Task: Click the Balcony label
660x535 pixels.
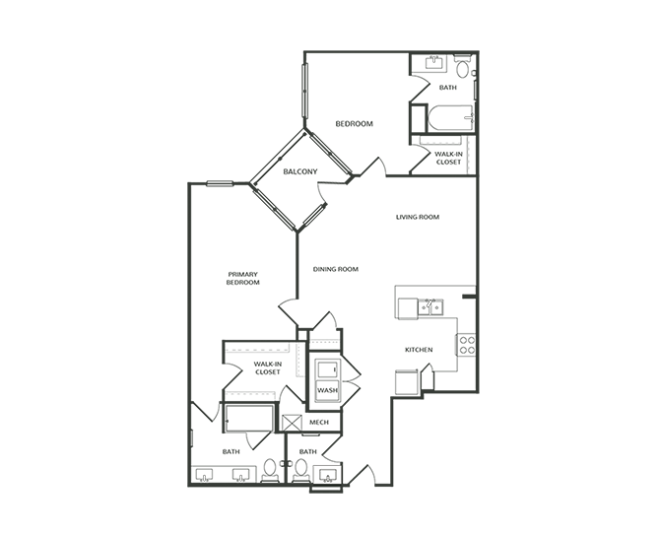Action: click(300, 171)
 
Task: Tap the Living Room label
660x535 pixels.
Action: click(417, 217)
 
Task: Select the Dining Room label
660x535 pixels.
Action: click(335, 269)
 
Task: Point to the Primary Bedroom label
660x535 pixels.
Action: click(241, 278)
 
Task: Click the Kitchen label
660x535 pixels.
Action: click(420, 350)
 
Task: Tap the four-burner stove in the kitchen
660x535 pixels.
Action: click(466, 345)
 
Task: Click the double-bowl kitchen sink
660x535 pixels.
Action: click(430, 307)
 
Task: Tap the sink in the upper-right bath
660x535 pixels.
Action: click(433, 63)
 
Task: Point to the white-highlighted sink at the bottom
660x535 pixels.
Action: click(328, 476)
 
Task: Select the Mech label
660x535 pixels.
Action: click(320, 422)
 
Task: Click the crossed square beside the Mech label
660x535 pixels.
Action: click(292, 424)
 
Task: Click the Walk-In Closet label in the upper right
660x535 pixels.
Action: click(448, 158)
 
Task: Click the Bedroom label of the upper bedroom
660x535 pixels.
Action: click(354, 123)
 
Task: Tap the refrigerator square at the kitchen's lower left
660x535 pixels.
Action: click(406, 382)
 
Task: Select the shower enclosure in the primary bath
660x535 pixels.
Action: click(247, 418)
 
